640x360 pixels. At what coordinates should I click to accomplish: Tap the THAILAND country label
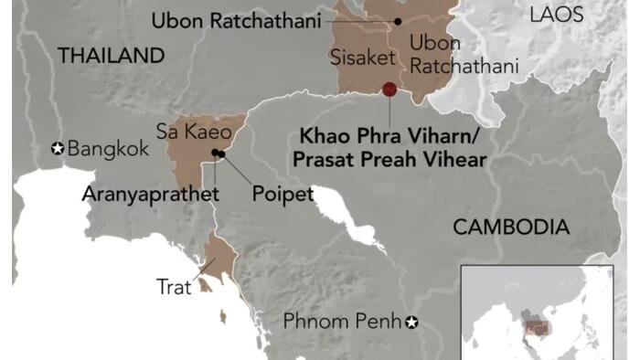[111, 56]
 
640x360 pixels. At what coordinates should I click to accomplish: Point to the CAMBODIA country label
[511, 228]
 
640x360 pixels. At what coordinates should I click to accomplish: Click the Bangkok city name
[108, 148]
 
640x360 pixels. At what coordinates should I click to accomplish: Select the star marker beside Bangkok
[58, 148]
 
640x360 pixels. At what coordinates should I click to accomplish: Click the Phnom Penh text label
[342, 322]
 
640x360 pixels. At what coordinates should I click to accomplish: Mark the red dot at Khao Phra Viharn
[389, 90]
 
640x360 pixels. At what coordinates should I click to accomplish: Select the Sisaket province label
[362, 58]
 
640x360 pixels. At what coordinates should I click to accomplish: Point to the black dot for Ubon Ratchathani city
[398, 20]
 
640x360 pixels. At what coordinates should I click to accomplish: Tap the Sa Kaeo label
[193, 132]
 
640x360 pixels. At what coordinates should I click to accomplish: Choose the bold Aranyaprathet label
[151, 194]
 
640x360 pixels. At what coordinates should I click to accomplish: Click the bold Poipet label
[283, 194]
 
